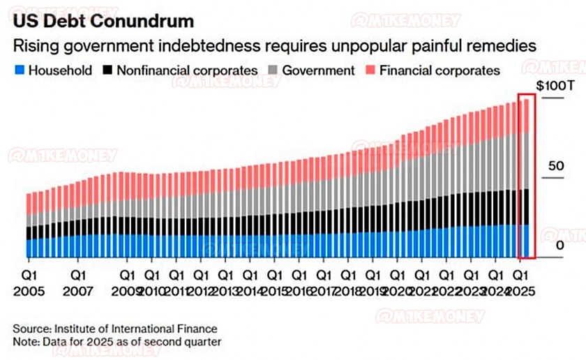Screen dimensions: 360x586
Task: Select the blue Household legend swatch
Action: click(x=20, y=70)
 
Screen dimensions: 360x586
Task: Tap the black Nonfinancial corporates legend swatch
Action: click(x=107, y=70)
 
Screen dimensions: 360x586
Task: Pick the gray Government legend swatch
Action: click(x=273, y=70)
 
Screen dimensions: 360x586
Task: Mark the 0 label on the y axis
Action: click(x=559, y=246)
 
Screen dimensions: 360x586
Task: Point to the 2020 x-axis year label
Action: click(x=398, y=289)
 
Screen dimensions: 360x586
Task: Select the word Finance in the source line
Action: click(x=197, y=328)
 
